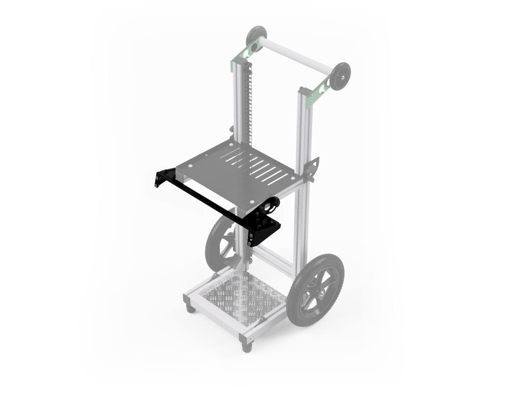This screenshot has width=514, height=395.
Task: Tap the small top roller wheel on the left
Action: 256,37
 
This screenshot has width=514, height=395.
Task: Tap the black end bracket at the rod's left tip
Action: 160,177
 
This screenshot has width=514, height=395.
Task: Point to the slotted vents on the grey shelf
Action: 258,166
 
